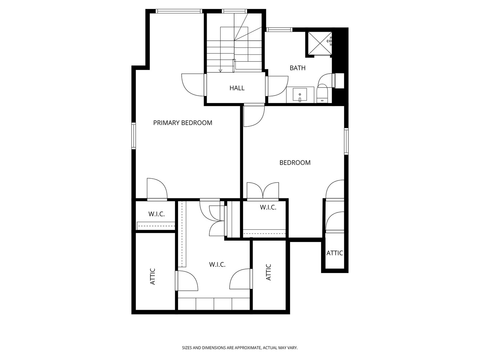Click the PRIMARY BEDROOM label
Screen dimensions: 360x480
coord(183,123)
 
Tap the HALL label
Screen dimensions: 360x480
coord(237,88)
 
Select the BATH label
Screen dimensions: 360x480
coord(297,68)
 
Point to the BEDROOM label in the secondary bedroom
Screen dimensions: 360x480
coord(295,163)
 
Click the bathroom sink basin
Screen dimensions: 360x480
coord(300,94)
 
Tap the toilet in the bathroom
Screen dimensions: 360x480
coord(323,93)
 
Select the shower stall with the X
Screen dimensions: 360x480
coord(319,43)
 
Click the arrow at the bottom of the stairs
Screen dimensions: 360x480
coord(220,70)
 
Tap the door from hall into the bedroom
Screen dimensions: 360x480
coord(254,115)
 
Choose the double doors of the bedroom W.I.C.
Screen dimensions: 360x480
coord(263,191)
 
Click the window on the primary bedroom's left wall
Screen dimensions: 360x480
coord(134,136)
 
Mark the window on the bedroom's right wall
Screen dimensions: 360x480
coord(346,141)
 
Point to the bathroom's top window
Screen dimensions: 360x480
coord(279,30)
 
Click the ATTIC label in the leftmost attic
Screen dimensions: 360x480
coord(153,276)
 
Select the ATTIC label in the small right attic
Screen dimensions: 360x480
coord(335,253)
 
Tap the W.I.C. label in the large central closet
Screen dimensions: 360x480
coord(217,265)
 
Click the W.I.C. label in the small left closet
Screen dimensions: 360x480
coord(156,214)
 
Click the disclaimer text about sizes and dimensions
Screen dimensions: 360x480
coord(240,348)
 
